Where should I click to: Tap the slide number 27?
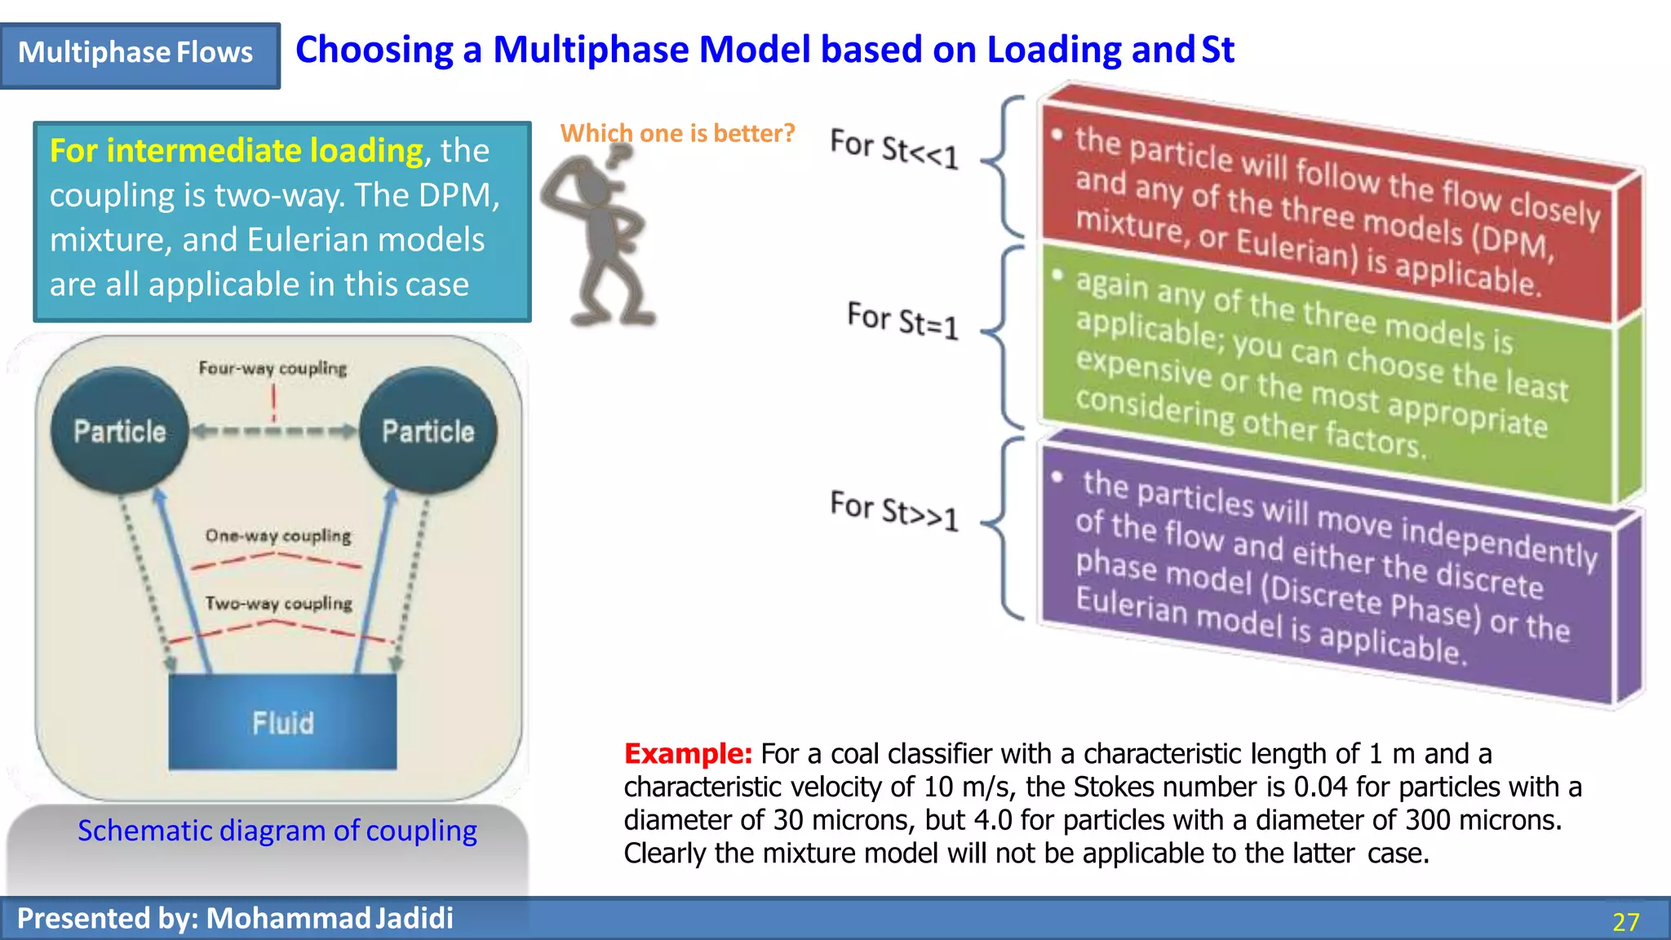(1625, 921)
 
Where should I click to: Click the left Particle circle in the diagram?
(120, 431)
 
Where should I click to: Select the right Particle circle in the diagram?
(428, 431)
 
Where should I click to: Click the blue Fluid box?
(282, 722)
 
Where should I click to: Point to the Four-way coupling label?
(273, 368)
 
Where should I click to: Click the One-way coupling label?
(278, 535)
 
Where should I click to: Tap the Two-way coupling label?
(278, 603)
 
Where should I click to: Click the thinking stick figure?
(600, 236)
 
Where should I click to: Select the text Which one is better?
(677, 133)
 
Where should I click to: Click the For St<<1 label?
(893, 148)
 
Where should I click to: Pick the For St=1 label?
(902, 319)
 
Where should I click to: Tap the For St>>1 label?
(893, 510)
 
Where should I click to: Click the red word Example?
(688, 753)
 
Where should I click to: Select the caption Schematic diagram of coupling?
(277, 831)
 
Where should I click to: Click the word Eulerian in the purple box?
(1131, 605)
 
